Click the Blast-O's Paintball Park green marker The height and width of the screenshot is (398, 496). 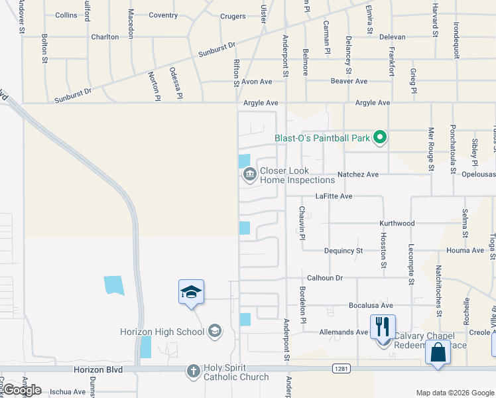380,138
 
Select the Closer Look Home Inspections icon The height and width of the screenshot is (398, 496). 250,175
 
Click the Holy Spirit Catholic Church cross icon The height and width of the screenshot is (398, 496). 193,371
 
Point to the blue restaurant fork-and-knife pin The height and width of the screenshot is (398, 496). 383,327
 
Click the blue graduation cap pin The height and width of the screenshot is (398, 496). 191,292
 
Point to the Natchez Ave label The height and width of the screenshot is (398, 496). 358,174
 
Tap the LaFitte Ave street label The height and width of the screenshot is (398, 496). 334,196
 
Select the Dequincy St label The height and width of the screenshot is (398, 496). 343,251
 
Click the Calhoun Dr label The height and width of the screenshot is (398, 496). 324,278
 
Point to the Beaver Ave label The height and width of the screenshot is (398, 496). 349,82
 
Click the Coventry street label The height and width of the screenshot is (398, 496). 163,15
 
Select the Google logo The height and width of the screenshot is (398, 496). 21,390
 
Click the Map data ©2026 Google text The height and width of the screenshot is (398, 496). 455,393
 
